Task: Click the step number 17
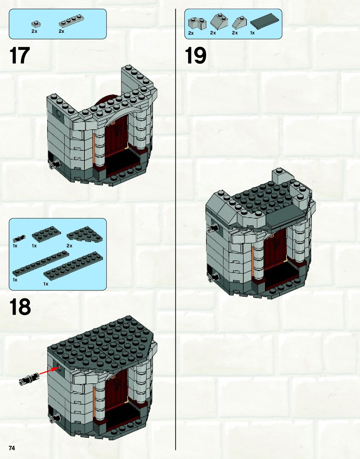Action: click(x=20, y=55)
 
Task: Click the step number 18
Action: click(x=20, y=306)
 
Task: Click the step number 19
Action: click(x=195, y=55)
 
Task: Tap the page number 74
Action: click(x=12, y=448)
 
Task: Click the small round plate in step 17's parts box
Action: click(x=36, y=23)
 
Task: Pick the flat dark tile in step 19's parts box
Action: click(x=264, y=21)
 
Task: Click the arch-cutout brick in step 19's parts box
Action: click(x=197, y=23)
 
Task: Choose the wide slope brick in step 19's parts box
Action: click(x=219, y=22)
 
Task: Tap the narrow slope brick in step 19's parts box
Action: click(x=239, y=23)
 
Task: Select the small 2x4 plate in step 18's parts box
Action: click(x=46, y=233)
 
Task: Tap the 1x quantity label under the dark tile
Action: click(x=252, y=33)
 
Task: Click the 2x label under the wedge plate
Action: click(x=69, y=246)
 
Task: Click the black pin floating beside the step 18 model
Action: click(x=29, y=379)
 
